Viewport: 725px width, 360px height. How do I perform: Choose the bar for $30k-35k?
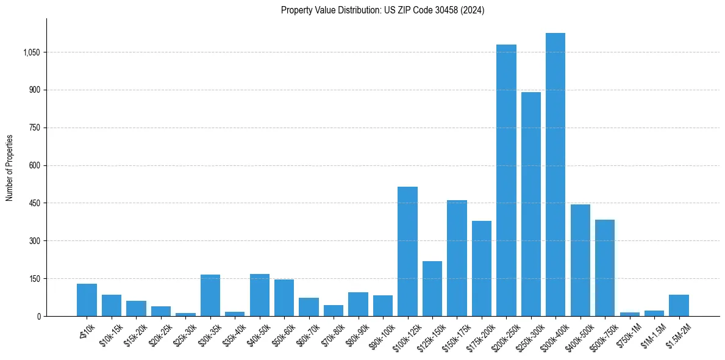(210, 295)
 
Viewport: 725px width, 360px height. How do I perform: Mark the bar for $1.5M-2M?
(679, 305)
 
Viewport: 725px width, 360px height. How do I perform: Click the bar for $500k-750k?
(604, 268)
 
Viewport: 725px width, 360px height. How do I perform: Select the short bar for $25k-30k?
(185, 314)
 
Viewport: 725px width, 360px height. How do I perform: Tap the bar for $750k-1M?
(629, 314)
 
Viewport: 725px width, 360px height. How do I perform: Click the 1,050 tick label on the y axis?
(31, 52)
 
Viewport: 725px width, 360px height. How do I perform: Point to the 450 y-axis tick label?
(35, 203)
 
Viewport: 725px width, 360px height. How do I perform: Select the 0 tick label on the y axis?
(38, 316)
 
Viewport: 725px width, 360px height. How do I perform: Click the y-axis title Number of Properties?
(10, 167)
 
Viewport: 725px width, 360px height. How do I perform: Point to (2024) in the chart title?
(473, 10)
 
